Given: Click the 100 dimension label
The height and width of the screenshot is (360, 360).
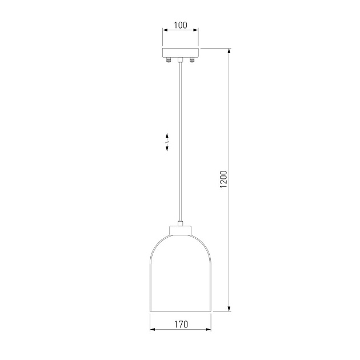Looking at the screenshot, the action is click(181, 25).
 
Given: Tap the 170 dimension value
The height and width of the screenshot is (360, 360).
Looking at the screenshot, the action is click(181, 325).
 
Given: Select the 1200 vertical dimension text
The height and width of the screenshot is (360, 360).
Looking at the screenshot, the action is click(223, 179).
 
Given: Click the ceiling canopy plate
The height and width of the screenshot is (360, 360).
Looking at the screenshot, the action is click(181, 53).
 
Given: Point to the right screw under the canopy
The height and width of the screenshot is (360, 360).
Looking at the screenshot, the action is click(191, 60).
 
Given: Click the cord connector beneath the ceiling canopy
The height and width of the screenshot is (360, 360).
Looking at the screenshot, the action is click(181, 60).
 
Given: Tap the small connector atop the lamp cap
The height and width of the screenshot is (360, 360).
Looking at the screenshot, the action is click(181, 223).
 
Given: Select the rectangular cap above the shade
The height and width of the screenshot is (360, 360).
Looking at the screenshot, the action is click(181, 230).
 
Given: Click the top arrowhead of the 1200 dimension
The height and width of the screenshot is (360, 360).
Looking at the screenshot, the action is click(229, 51).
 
